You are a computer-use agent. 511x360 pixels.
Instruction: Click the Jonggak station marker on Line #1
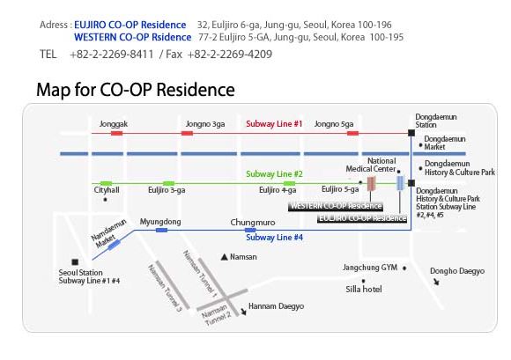tap(116, 133)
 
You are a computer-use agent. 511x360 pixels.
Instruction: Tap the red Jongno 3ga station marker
tap(187, 133)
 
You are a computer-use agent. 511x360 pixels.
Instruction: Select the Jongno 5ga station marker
tap(352, 133)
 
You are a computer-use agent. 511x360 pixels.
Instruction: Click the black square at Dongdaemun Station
tap(411, 133)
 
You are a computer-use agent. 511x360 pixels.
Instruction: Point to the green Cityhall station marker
tap(107, 184)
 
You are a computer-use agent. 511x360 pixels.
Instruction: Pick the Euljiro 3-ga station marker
tap(168, 184)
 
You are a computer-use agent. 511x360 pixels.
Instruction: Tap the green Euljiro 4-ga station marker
tap(289, 184)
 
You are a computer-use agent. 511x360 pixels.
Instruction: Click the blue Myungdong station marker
tap(161, 231)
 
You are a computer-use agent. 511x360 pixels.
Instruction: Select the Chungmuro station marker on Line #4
tap(250, 231)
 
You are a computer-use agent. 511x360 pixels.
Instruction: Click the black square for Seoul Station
tap(75, 262)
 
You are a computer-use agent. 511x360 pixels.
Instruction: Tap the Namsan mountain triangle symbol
tap(224, 257)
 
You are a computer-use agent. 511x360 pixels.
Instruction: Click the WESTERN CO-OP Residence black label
tap(336, 206)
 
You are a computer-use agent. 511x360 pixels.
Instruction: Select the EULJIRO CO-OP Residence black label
tap(362, 218)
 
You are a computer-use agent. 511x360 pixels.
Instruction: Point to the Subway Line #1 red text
tap(274, 124)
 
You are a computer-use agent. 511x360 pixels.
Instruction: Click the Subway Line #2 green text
tap(274, 174)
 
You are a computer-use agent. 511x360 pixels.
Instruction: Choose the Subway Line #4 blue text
tap(274, 238)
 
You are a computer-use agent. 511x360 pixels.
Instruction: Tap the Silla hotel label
tap(364, 289)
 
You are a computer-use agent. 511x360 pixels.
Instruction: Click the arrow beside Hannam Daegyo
tap(243, 312)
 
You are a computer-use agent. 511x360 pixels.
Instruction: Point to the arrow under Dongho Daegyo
tap(436, 282)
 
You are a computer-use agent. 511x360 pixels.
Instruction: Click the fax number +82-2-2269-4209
tap(230, 54)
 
